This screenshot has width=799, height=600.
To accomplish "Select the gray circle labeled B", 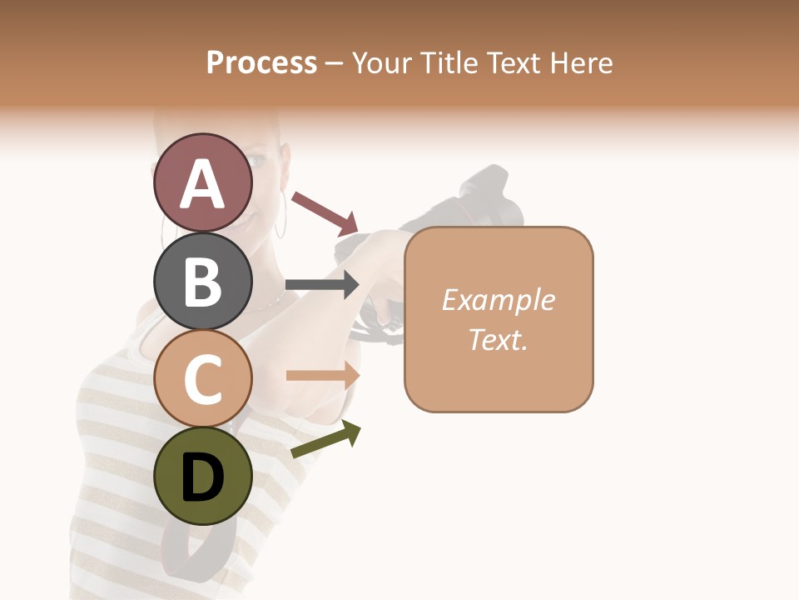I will (202, 281).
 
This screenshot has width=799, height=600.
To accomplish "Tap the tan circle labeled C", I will (202, 378).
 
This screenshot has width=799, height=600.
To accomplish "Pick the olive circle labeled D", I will (202, 476).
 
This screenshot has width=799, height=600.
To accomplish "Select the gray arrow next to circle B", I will (322, 284).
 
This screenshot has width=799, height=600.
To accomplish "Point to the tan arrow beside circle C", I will (323, 376).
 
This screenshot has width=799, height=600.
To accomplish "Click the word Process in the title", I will (261, 62).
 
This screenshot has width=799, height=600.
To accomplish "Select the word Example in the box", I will (498, 300).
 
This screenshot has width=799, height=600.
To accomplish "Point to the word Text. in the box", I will (498, 339).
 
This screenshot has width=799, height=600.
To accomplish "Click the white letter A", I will (203, 184).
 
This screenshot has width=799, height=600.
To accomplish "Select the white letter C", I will (202, 380).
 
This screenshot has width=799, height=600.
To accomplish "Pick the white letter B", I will (202, 281).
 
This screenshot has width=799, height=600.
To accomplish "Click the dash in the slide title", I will (334, 64).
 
